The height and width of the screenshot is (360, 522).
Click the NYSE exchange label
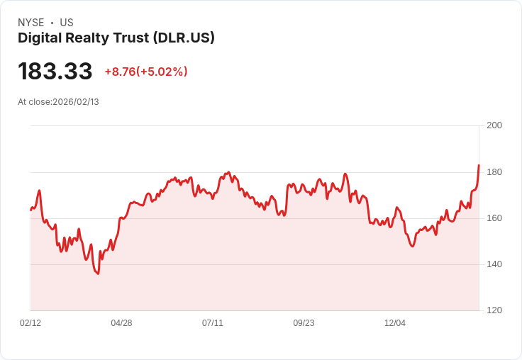coord(30,23)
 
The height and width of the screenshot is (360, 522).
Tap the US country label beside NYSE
coord(67,23)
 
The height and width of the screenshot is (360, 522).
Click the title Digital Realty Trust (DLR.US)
coord(116,38)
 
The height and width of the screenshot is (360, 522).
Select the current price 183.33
coord(55,72)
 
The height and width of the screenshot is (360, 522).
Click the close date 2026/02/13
coord(76,102)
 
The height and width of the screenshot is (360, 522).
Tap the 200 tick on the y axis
coord(494,125)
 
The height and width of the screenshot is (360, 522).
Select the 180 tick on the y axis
coord(494,172)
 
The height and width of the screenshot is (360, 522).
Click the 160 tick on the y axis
coord(494,218)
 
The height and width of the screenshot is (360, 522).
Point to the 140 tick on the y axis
coord(494,264)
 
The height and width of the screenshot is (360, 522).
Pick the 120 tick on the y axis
coord(494,310)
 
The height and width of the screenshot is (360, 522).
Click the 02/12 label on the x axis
coord(30,323)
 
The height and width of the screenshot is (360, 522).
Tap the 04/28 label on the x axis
coord(121,323)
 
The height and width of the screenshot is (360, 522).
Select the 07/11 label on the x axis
coord(213,323)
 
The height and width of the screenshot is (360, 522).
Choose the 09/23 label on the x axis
coord(304,323)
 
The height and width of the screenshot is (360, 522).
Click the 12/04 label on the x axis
coord(395,323)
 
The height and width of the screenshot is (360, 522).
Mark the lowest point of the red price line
coord(98,274)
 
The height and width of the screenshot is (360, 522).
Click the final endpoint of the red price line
coord(479,165)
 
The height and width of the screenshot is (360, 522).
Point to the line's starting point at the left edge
coord(30,210)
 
